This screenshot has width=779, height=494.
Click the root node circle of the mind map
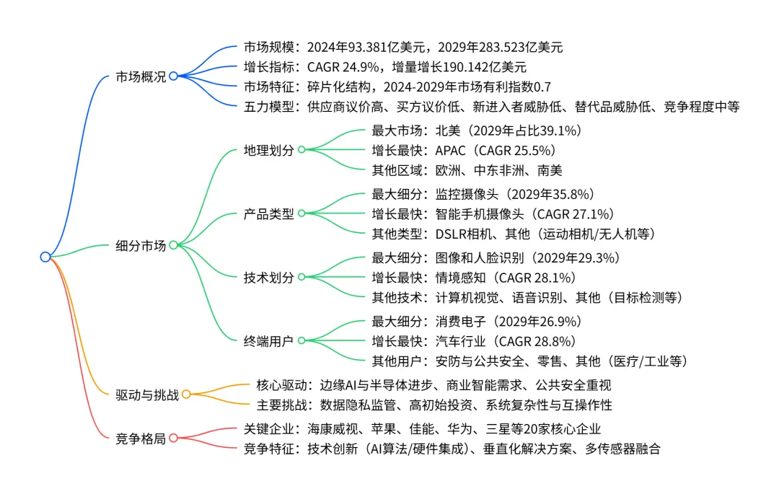click(45, 257)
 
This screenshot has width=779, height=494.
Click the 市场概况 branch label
click(141, 76)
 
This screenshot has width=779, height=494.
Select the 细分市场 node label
click(141, 245)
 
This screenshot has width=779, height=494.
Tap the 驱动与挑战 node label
click(147, 394)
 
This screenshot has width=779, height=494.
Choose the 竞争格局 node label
click(141, 438)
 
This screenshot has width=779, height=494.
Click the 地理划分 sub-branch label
click(269, 151)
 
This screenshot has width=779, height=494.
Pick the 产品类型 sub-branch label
click(269, 213)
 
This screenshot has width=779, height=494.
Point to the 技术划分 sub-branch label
click(269, 277)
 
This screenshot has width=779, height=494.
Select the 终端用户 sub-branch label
click(269, 340)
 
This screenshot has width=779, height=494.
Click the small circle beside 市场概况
click(173, 76)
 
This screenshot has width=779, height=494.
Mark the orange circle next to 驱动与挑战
click(185, 394)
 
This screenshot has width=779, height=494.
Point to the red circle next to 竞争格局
click(173, 438)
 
